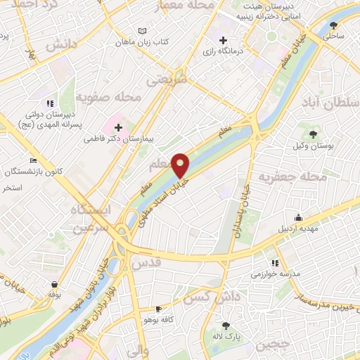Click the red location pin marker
181,165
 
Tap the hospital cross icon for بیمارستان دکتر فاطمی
117,127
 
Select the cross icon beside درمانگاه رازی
224,39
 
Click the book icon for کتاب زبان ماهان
143,32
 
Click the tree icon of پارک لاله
226,326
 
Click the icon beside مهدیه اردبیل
298,217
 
